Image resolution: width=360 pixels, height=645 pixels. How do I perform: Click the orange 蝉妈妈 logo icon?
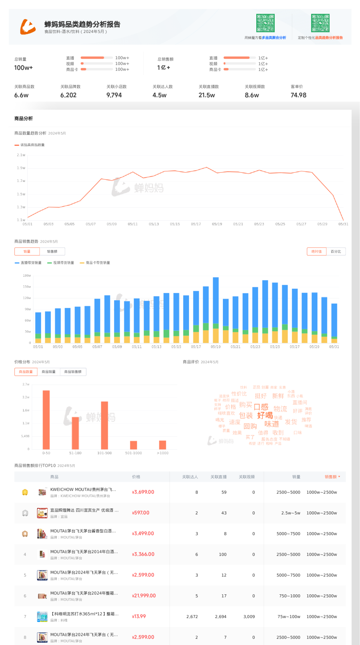[x=28, y=27]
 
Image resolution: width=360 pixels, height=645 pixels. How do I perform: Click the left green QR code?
[x=265, y=23]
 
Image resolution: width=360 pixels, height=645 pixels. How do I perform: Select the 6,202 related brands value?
[x=68, y=95]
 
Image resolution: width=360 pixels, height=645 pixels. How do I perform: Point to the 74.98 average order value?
[x=299, y=95]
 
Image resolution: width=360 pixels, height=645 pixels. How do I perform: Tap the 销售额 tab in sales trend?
[x=52, y=251]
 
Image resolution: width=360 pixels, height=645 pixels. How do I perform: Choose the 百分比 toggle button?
[x=336, y=251]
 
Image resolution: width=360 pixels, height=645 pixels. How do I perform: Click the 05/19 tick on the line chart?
[x=217, y=224]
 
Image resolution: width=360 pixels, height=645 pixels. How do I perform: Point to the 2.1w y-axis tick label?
[x=21, y=155]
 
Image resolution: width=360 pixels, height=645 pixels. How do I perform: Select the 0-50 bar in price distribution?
[x=46, y=419]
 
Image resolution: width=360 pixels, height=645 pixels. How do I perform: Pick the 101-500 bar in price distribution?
[x=105, y=425]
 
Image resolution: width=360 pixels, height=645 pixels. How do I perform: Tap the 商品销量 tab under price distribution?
[x=48, y=372]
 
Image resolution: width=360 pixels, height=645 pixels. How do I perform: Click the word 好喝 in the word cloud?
[x=265, y=415]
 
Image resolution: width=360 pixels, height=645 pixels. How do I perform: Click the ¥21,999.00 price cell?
[x=144, y=596]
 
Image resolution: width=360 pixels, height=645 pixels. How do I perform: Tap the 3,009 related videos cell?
[x=249, y=617]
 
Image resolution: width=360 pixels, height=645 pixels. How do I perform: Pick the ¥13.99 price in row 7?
[x=139, y=617]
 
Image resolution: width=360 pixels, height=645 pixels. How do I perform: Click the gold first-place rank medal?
[x=25, y=492]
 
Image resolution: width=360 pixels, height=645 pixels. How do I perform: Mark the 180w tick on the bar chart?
[x=27, y=276]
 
